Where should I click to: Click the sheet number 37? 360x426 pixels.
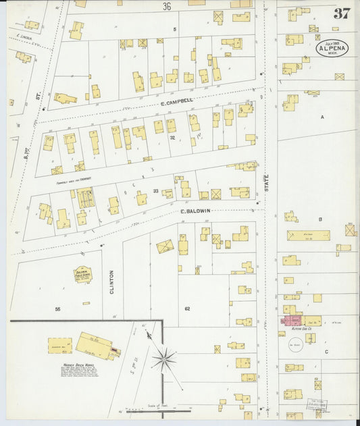click(x=341, y=13)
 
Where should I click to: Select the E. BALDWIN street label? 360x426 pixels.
click(x=196, y=211)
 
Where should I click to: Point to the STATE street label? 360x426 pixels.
click(x=266, y=181)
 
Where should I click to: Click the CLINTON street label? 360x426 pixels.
click(x=111, y=282)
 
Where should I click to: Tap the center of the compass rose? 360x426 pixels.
click(x=163, y=359)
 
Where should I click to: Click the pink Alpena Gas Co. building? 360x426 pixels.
click(x=293, y=321)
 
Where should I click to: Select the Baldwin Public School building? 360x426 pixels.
click(x=82, y=274)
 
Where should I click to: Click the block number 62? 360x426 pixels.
click(x=187, y=309)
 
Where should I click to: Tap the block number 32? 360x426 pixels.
click(x=172, y=137)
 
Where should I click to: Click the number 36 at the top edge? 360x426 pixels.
click(x=166, y=7)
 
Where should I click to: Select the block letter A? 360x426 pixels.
click(x=322, y=116)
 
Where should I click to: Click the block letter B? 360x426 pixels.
click(x=320, y=219)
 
